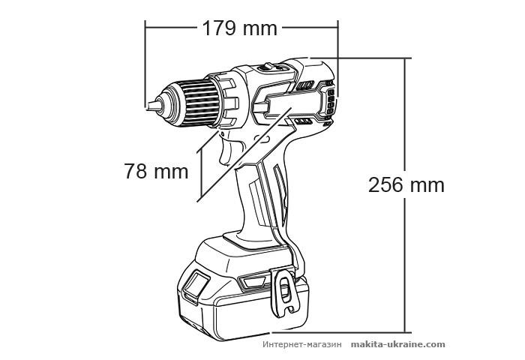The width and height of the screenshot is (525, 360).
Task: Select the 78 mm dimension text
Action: pos(156,171)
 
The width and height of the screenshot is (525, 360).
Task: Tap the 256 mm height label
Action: pos(406,184)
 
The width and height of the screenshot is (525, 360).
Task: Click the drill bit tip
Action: pos(150,104)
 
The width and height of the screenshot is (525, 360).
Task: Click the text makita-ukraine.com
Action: pos(398,344)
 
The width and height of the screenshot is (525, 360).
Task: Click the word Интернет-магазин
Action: pos(303,344)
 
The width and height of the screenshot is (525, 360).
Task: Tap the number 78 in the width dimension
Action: pos(136,171)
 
